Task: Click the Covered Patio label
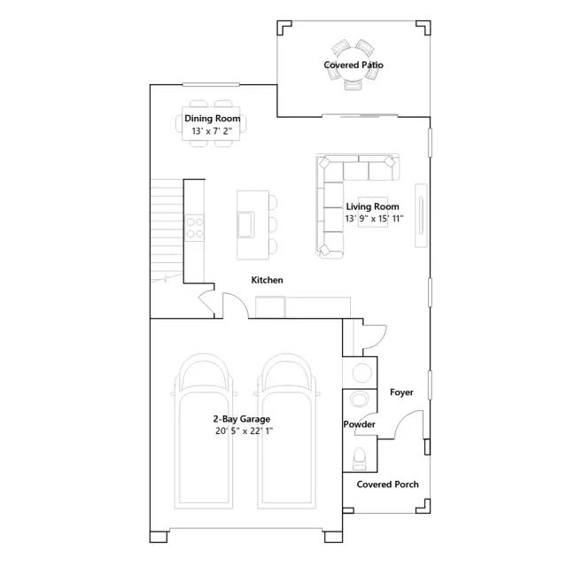[x=353, y=65]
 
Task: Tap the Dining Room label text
[x=213, y=118]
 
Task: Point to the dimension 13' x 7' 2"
[x=212, y=131]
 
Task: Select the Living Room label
[x=372, y=206]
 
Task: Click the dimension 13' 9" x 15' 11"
[x=374, y=219]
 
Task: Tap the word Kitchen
[x=267, y=280]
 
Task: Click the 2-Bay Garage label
[x=242, y=419]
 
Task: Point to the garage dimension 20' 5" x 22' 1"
[x=244, y=431]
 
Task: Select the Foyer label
[x=401, y=392]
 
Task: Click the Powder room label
[x=359, y=424]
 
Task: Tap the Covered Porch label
[x=387, y=485]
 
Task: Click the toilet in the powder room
[x=360, y=459]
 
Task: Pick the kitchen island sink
[x=245, y=224]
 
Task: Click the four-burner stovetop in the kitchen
[x=194, y=228]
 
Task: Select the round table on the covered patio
[x=353, y=66]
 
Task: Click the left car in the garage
[x=204, y=431]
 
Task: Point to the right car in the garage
[x=286, y=431]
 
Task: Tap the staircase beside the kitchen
[x=167, y=230]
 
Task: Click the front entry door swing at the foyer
[x=409, y=424]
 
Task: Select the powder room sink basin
[x=360, y=400]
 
